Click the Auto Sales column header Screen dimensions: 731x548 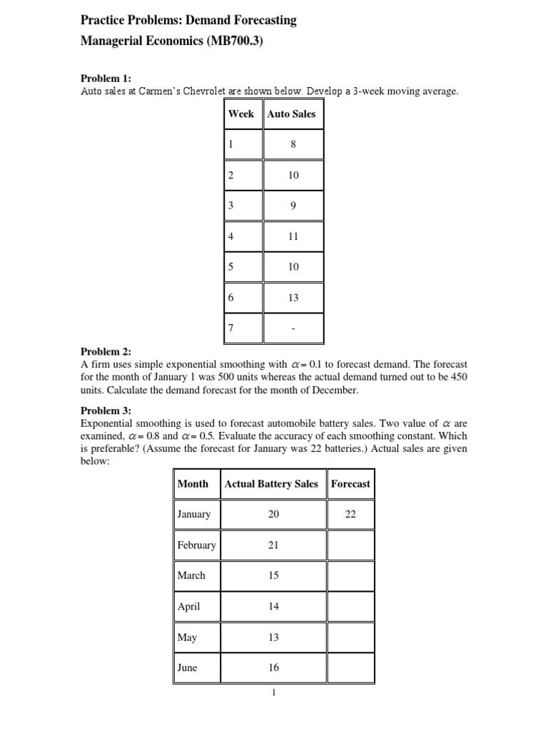tap(291, 114)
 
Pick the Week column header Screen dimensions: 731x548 tap(241, 114)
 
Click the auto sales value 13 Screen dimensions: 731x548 tap(293, 298)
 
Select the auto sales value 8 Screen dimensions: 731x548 tap(293, 144)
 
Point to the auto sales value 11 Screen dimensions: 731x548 tap(293, 236)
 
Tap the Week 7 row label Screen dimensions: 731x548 tap(231, 328)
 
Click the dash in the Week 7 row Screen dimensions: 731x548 tap(293, 329)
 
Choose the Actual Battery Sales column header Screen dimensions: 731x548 tap(271, 483)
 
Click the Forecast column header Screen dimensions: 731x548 tap(350, 483)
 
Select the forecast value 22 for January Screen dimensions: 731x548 tap(350, 514)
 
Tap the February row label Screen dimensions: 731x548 tap(196, 545)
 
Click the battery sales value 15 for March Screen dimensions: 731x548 tap(273, 575)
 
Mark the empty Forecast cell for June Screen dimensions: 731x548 tap(350, 668)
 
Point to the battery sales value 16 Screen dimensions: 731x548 tap(273, 668)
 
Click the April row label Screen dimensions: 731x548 tap(189, 607)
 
